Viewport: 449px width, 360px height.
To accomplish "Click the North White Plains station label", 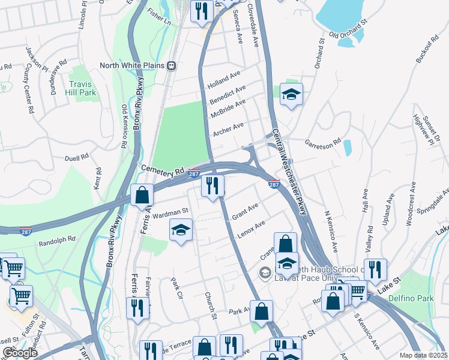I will click(132, 65).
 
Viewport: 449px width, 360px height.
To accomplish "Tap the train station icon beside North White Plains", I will click(172, 65).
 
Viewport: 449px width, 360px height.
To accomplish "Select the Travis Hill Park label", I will click(82, 88).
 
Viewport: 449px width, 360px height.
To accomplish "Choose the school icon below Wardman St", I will click(181, 230).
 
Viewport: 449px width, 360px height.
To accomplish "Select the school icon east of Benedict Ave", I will click(291, 94).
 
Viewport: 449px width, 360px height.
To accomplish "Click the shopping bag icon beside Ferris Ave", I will click(142, 196).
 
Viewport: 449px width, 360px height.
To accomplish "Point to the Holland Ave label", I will click(223, 81).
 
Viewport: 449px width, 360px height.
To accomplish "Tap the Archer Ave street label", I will click(228, 128).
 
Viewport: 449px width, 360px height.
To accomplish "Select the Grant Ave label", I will click(245, 211).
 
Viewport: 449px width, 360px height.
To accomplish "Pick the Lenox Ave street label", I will click(251, 229).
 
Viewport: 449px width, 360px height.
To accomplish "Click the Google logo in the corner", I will click(20, 353).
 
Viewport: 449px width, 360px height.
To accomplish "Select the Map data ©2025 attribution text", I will click(424, 355).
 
